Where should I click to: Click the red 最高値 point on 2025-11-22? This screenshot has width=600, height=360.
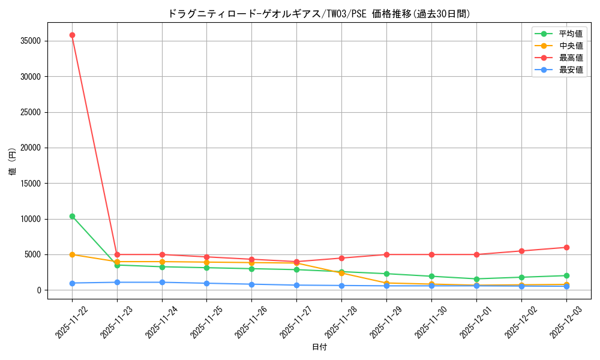click(x=72, y=35)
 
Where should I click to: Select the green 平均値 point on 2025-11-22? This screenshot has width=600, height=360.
click(x=72, y=216)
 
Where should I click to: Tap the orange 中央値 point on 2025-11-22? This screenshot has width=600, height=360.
click(x=72, y=254)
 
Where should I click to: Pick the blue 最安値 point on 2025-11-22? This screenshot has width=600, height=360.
click(x=72, y=283)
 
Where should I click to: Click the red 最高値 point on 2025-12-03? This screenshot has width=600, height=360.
click(x=566, y=247)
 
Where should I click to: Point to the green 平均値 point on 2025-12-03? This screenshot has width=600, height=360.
click(x=566, y=275)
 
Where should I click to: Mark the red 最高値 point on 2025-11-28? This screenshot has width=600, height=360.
click(x=341, y=258)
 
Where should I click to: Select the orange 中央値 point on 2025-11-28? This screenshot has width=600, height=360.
click(x=341, y=273)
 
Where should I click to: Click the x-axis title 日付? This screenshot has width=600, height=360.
click(x=319, y=347)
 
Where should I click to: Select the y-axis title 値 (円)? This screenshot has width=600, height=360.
click(x=12, y=162)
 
